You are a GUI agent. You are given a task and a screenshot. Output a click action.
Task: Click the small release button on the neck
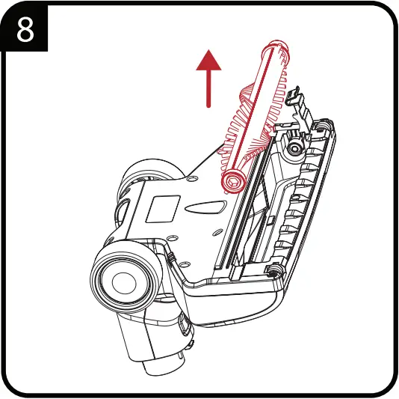click(x=183, y=328)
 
